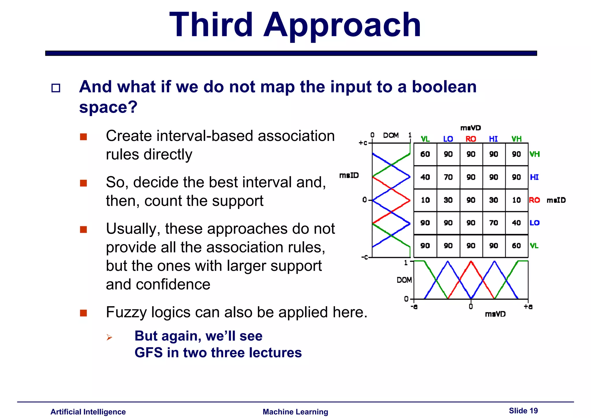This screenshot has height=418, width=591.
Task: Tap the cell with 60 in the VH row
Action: (x=425, y=154)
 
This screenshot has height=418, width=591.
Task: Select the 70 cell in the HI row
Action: (x=448, y=177)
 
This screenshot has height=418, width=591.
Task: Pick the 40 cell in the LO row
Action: (x=516, y=223)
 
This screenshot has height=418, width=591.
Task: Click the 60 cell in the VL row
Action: (x=516, y=246)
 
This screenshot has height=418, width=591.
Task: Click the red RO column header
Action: (x=471, y=139)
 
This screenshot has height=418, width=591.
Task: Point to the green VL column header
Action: (x=425, y=139)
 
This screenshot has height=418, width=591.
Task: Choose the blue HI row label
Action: (x=534, y=177)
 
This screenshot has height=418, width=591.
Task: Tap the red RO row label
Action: (x=534, y=200)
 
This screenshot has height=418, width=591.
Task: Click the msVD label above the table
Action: (x=471, y=128)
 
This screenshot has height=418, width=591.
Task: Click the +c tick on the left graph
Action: (x=363, y=143)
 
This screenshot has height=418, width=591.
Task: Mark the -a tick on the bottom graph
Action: (x=414, y=307)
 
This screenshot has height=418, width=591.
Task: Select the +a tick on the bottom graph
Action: (x=528, y=307)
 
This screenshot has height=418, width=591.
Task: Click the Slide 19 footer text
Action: (x=523, y=410)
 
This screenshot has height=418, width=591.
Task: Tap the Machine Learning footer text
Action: (x=295, y=412)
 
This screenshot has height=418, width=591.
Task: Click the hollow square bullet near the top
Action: (x=56, y=88)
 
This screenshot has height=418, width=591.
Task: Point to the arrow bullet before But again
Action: (x=109, y=337)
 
